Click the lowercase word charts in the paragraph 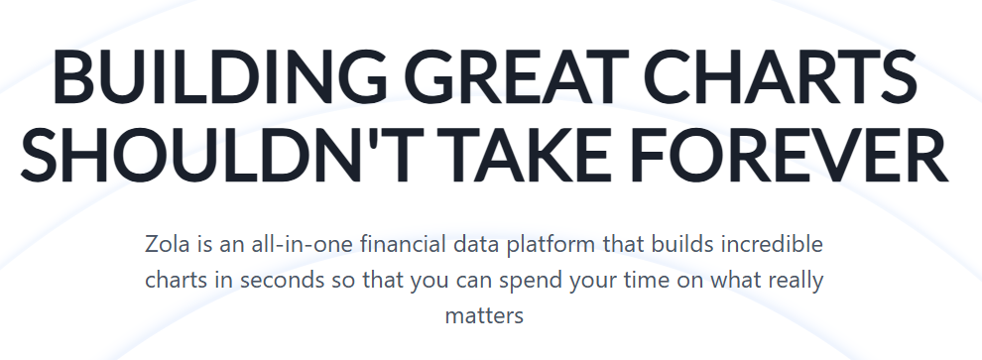point(177,281)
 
